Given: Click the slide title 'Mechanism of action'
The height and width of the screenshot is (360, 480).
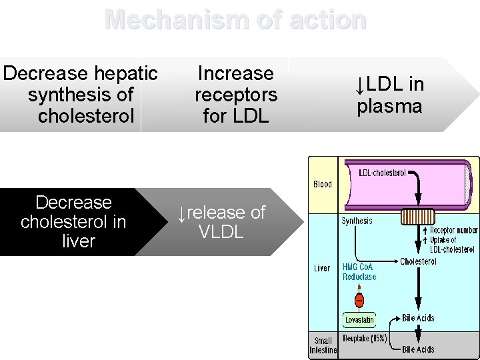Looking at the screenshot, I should pyautogui.click(x=235, y=20).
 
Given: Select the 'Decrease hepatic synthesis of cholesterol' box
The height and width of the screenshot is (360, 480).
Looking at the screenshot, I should pyautogui.click(x=80, y=95).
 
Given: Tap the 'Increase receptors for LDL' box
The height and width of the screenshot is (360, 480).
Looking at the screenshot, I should pyautogui.click(x=235, y=95).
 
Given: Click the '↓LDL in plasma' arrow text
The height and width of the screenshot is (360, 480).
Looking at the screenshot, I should pyautogui.click(x=390, y=95).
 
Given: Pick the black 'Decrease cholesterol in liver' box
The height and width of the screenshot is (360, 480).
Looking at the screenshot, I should pyautogui.click(x=73, y=222).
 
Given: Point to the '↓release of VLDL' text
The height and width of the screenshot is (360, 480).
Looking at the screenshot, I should pyautogui.click(x=221, y=222).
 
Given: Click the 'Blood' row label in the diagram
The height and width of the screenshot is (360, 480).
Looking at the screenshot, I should pyautogui.click(x=323, y=185).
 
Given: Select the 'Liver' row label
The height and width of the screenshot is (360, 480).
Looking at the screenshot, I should pyautogui.click(x=322, y=268).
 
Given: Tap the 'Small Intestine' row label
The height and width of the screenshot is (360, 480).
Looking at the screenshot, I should pyautogui.click(x=323, y=345).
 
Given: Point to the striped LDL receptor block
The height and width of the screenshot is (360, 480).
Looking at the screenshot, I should pyautogui.click(x=417, y=216).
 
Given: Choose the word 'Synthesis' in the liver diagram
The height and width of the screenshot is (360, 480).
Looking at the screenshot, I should pyautogui.click(x=357, y=221).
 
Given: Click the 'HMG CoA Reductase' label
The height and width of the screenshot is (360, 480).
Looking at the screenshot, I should pyautogui.click(x=359, y=272).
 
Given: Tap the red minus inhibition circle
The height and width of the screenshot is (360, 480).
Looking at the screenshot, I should pyautogui.click(x=359, y=299).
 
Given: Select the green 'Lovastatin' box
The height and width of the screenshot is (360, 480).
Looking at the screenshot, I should pyautogui.click(x=359, y=320).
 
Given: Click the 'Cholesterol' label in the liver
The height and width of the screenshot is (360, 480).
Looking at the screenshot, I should pyautogui.click(x=418, y=261).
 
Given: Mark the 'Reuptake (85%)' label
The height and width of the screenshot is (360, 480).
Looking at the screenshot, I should pyautogui.click(x=365, y=339).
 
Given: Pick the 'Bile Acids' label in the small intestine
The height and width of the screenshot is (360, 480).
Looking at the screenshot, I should pyautogui.click(x=418, y=349).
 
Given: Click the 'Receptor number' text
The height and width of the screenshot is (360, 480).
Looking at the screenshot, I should pyautogui.click(x=453, y=231).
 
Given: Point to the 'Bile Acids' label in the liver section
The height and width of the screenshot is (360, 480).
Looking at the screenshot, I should pyautogui.click(x=418, y=318).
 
